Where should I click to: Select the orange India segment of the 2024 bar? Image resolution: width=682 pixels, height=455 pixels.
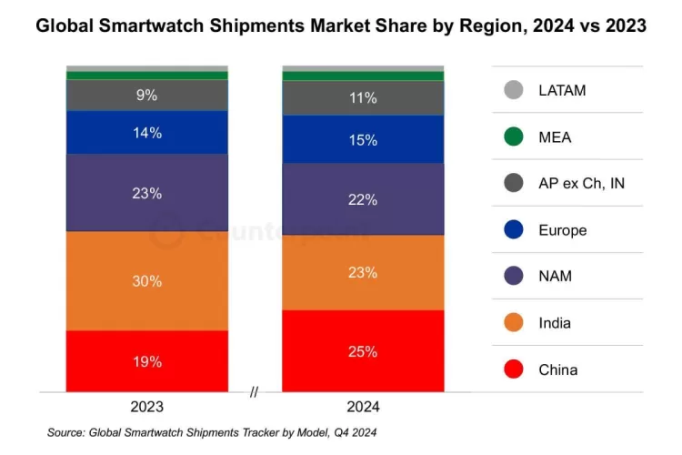(x=362, y=272)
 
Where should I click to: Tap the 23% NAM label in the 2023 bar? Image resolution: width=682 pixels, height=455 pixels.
(x=147, y=193)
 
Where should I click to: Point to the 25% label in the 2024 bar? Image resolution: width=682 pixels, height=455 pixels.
(x=362, y=351)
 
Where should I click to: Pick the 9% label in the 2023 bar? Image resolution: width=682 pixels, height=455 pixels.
(x=147, y=95)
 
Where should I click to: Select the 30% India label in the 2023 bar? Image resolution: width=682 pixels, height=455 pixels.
(x=147, y=281)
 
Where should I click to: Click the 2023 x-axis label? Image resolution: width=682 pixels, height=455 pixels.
(x=147, y=407)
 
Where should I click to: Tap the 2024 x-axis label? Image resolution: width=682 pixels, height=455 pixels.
(x=362, y=407)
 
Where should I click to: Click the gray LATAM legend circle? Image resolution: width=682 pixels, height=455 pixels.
(x=513, y=90)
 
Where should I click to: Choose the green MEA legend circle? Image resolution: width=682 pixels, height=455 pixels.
(x=513, y=136)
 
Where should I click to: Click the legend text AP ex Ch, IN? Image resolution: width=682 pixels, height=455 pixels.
(x=581, y=184)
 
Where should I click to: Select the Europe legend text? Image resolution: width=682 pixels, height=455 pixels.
(x=562, y=230)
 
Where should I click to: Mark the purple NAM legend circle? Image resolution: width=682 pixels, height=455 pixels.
(x=513, y=277)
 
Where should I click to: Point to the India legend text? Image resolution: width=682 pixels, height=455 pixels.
(x=555, y=323)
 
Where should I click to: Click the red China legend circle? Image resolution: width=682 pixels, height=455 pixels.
(x=513, y=369)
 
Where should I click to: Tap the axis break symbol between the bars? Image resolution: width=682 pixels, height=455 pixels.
(x=255, y=392)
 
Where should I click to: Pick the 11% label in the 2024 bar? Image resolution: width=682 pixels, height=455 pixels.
(x=362, y=98)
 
